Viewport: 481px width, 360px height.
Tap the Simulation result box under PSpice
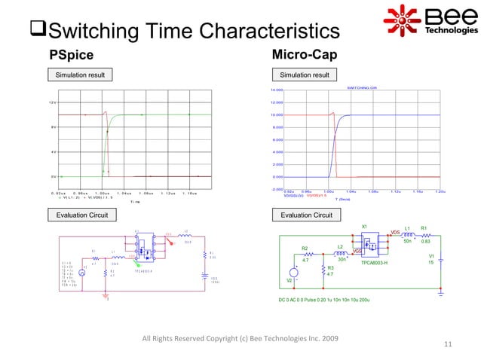pos(80,75)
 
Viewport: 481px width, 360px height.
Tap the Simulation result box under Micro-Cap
pos(305,75)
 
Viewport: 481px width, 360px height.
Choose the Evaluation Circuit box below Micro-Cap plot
pos(306,215)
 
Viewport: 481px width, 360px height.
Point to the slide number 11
pos(448,345)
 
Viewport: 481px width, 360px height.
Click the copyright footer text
pos(240,337)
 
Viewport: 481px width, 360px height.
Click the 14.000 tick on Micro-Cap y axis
pos(276,90)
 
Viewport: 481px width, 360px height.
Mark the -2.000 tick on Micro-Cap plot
pos(276,190)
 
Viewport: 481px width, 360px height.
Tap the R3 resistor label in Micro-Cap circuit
pos(330,267)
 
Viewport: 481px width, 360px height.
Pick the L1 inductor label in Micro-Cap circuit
pos(407,227)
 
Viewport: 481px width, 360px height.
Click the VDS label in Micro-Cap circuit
pos(394,232)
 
